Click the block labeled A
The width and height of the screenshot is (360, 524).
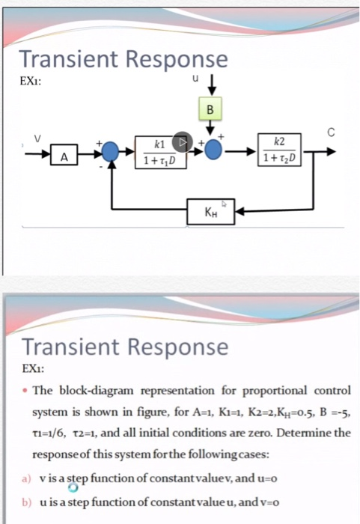point(64,158)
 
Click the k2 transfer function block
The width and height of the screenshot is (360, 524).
point(278,150)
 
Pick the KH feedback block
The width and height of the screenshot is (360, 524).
point(213,212)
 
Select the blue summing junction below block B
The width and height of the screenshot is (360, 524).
point(213,150)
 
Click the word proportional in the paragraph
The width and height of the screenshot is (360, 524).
point(244,391)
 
